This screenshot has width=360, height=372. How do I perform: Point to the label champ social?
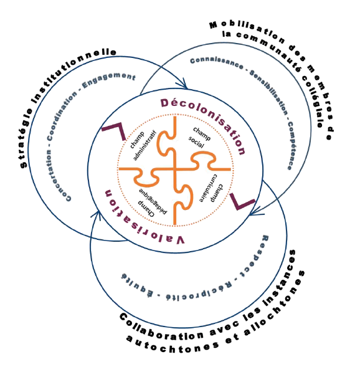[199, 138]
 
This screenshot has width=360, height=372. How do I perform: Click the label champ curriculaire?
[211, 189]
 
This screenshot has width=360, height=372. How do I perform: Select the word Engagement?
[108, 80]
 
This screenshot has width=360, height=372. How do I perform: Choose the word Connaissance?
[217, 63]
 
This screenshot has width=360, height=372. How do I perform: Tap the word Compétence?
[291, 145]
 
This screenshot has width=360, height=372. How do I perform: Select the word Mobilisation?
[247, 32]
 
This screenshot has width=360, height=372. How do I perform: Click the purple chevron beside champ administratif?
[115, 130]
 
